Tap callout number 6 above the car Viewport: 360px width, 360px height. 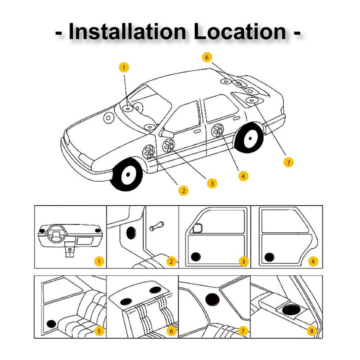207,57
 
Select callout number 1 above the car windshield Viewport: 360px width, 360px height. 124,67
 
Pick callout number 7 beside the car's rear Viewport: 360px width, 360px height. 289,162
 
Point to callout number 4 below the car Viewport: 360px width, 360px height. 243,176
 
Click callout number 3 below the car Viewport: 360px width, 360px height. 212,184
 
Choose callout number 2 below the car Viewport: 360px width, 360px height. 184,191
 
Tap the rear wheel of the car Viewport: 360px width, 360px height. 249,138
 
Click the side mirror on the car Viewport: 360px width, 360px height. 167,133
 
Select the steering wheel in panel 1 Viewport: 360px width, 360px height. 56,233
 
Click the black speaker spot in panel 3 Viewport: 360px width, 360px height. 196,257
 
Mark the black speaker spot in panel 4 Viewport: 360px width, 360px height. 269,257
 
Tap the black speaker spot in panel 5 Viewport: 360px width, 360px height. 51,324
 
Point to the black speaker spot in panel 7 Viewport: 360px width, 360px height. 212,300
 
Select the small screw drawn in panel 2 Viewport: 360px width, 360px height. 156,226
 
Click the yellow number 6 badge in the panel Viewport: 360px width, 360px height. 171,331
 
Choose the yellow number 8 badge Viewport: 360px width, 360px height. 312,331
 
